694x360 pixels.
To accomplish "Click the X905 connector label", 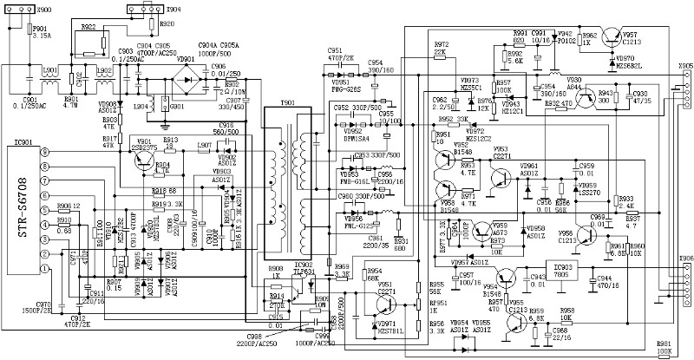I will click(685, 66).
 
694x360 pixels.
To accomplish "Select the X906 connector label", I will click(685, 258).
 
